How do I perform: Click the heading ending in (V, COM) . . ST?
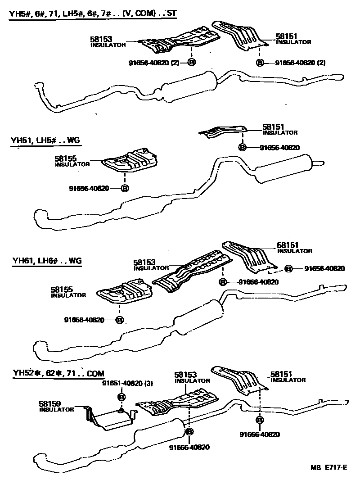92,14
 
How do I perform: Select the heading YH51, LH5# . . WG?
45,140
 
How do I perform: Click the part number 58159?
49,404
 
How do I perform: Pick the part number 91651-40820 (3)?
127,384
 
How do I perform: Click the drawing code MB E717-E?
328,467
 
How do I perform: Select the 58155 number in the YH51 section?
66,158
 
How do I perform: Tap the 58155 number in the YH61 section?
62,290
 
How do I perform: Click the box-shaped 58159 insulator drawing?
110,417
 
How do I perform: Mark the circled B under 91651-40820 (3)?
121,396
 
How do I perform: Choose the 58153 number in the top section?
101,40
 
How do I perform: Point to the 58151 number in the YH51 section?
274,127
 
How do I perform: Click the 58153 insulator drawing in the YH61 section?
193,272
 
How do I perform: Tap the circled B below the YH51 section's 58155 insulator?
125,188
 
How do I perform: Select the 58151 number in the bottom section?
282,374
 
